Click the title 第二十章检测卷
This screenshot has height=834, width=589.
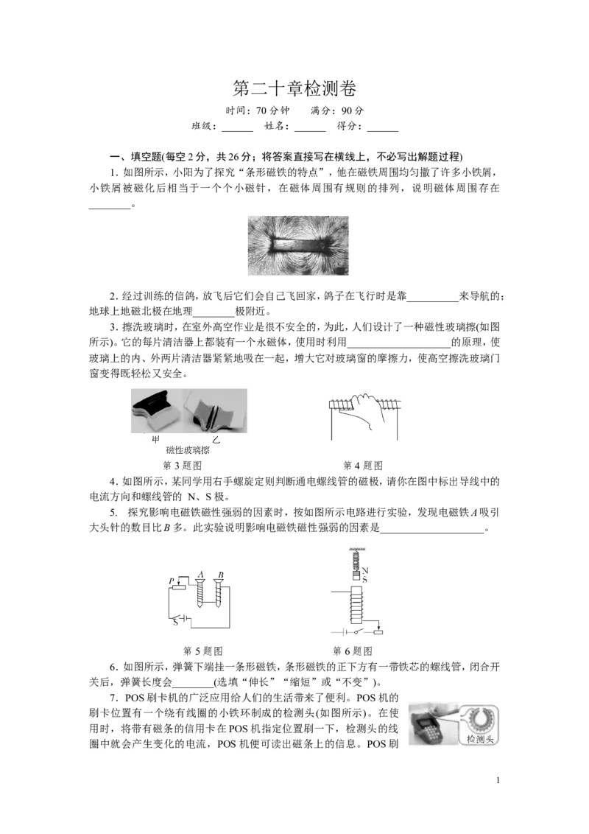coord(294,88)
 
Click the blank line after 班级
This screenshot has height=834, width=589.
coord(237,130)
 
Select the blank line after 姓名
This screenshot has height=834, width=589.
coord(310,130)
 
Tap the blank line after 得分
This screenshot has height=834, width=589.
coord(383,130)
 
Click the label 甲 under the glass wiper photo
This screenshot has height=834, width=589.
coord(156,439)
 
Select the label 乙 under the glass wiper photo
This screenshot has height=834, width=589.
coord(216,439)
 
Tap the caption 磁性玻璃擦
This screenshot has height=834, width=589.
coord(188,450)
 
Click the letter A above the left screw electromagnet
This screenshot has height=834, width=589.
coord(200,575)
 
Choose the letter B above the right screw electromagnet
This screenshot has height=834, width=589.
coord(221,575)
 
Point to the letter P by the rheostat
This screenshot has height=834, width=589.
coord(172,581)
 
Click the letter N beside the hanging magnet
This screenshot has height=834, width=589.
coord(365,571)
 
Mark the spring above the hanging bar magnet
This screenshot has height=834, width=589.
coord(355,559)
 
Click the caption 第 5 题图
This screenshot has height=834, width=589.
coord(203,651)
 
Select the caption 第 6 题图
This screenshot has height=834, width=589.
coord(353,651)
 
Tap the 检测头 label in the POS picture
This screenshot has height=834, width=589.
coord(480,739)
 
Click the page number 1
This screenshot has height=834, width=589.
coord(498,780)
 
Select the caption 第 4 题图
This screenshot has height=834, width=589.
coord(363,466)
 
